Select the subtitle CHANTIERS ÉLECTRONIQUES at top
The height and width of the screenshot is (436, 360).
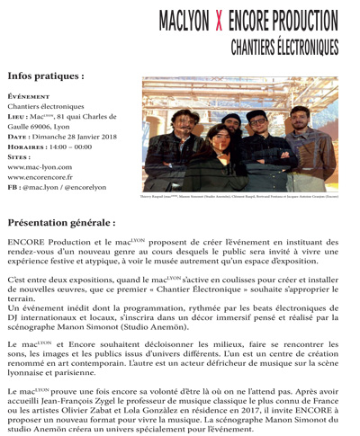click(283, 44)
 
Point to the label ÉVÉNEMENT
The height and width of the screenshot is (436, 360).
click(28, 95)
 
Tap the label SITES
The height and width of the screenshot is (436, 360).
click(19, 157)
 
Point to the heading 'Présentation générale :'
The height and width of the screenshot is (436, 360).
click(61, 221)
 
